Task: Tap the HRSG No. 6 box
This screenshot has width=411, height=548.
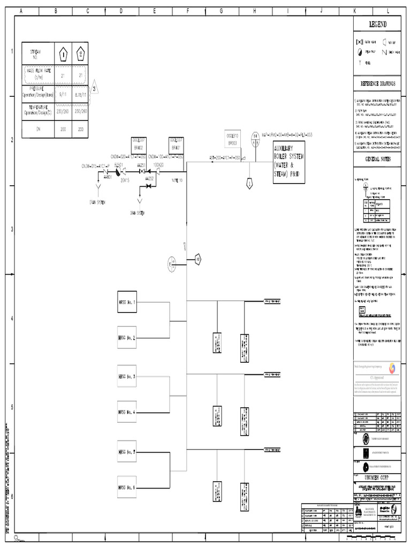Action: coord(127,487)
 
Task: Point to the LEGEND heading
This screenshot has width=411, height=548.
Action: coord(376,25)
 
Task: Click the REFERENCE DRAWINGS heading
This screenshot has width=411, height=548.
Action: coord(377,83)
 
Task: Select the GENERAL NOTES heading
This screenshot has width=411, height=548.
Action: coord(377,159)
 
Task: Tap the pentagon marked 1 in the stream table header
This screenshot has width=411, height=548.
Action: coord(63,54)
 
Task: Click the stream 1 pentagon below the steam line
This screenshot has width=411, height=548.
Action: coord(249,184)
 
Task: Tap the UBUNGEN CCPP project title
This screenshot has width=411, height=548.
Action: coord(377,477)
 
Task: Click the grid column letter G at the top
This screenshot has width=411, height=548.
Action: coord(220,10)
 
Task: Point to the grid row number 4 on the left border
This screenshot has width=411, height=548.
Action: coord(12,319)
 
